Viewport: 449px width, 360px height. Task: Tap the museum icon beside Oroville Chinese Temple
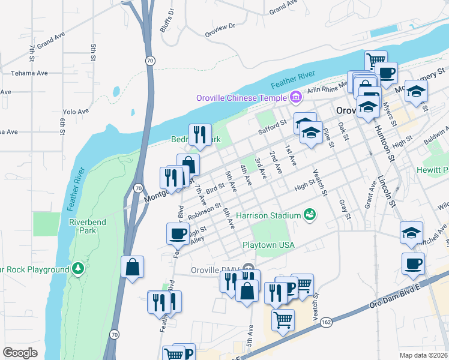[x=295, y=97]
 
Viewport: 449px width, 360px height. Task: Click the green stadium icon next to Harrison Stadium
[x=310, y=214]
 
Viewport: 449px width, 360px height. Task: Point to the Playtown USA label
[x=268, y=245]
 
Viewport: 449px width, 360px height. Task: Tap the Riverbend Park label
[x=83, y=226]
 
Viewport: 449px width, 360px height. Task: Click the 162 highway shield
[x=325, y=323]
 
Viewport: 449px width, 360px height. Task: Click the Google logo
[x=20, y=352]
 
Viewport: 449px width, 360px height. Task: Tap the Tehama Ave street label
[x=29, y=73]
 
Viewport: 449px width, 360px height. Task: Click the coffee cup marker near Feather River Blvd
[x=178, y=234]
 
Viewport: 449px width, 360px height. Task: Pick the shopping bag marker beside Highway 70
[x=132, y=267]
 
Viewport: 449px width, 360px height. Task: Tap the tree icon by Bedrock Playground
[x=77, y=267]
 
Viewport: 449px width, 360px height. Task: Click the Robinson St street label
[x=205, y=210]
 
